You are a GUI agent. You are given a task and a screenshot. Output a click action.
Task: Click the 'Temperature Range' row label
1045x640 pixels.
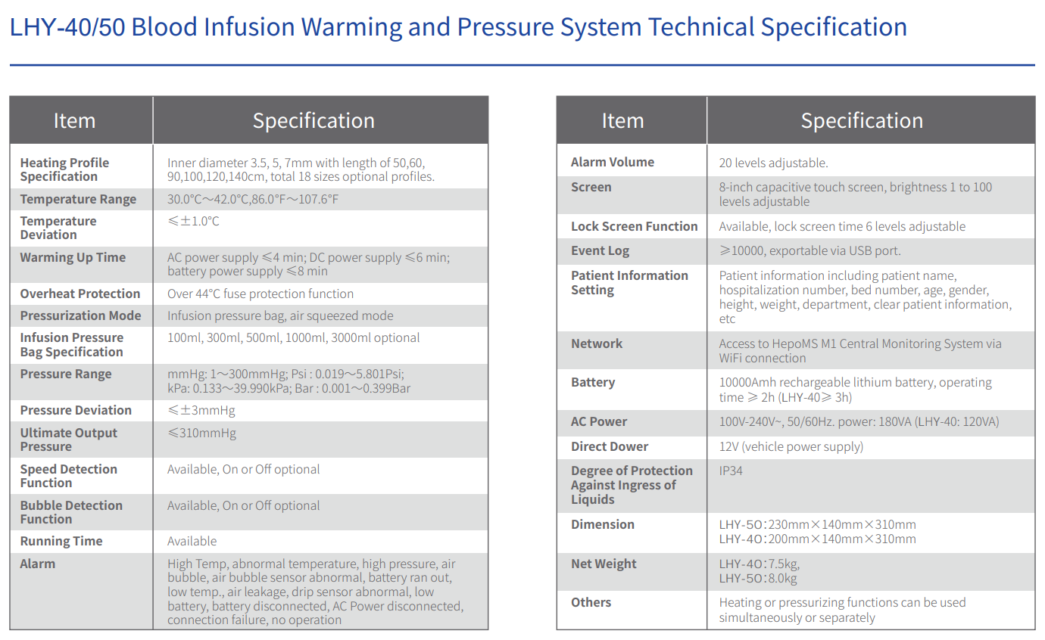(x=78, y=200)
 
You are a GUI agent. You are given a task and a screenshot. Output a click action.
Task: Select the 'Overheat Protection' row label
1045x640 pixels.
(x=80, y=294)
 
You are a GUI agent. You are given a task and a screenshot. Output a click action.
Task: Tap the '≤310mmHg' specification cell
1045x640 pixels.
(x=201, y=433)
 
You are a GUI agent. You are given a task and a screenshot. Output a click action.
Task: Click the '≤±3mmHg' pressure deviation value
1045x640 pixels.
(x=201, y=411)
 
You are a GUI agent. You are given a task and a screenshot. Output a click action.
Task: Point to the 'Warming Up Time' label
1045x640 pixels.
(x=73, y=258)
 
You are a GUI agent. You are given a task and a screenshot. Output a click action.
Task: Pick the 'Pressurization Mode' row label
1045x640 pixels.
(x=80, y=316)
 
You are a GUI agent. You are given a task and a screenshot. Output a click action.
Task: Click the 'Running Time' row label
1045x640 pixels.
(x=61, y=542)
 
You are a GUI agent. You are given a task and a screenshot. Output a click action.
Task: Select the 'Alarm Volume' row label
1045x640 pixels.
(x=612, y=163)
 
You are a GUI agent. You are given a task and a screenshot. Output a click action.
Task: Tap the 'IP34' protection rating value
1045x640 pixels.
(x=731, y=471)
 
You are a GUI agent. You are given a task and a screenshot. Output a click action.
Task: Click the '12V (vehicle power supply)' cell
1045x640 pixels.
(x=791, y=447)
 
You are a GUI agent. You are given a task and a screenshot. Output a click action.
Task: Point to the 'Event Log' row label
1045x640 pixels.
(x=600, y=251)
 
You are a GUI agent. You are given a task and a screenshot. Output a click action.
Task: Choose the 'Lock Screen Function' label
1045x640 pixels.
(x=634, y=227)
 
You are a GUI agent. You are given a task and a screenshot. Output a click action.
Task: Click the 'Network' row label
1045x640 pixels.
(x=597, y=344)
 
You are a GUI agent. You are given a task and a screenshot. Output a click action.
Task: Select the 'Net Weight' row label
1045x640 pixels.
(x=604, y=564)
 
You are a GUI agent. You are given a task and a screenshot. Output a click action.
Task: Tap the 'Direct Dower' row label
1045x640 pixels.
(x=610, y=447)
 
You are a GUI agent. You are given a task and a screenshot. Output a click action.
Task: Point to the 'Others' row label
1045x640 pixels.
(x=591, y=603)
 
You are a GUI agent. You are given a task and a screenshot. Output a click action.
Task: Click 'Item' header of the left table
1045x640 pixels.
(x=74, y=121)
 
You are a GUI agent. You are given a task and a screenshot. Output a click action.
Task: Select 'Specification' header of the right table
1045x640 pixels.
(x=862, y=121)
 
